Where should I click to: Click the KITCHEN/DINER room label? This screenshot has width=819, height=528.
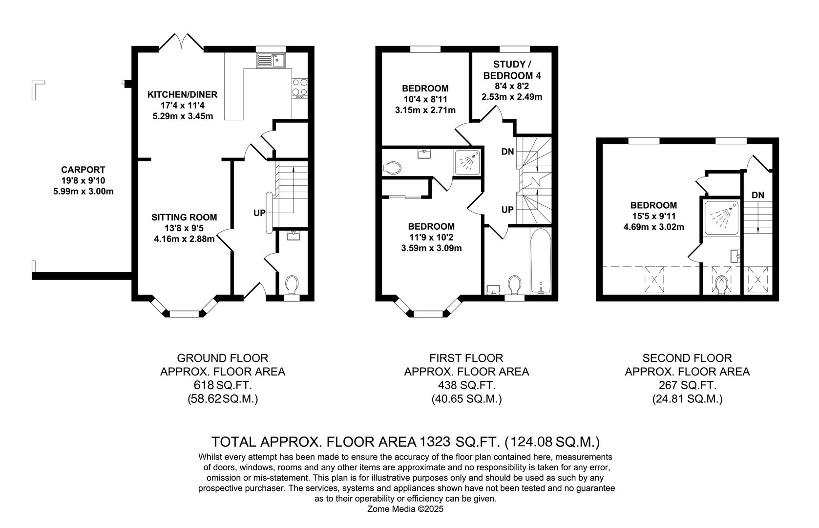[x=183, y=94]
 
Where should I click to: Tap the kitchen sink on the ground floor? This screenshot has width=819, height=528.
[x=272, y=61]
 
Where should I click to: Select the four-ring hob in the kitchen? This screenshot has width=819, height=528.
[x=299, y=87]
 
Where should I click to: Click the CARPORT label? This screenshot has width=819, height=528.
[x=83, y=170]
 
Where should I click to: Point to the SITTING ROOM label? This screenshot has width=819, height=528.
[x=184, y=218]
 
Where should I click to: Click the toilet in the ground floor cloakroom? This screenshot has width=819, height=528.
[x=291, y=285]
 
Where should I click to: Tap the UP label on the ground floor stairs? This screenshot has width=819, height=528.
[x=259, y=213]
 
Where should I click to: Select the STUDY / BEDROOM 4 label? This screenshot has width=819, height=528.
[x=512, y=70]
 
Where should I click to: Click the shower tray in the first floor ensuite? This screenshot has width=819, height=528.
[x=467, y=161]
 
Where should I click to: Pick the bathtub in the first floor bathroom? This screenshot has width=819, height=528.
[x=541, y=262]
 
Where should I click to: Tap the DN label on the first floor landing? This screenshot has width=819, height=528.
[x=507, y=152]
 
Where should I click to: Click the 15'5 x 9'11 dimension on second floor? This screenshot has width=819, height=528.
[x=653, y=216]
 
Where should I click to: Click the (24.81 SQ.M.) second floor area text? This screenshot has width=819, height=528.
[x=687, y=399]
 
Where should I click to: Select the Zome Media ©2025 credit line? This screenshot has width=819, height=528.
[x=405, y=509]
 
